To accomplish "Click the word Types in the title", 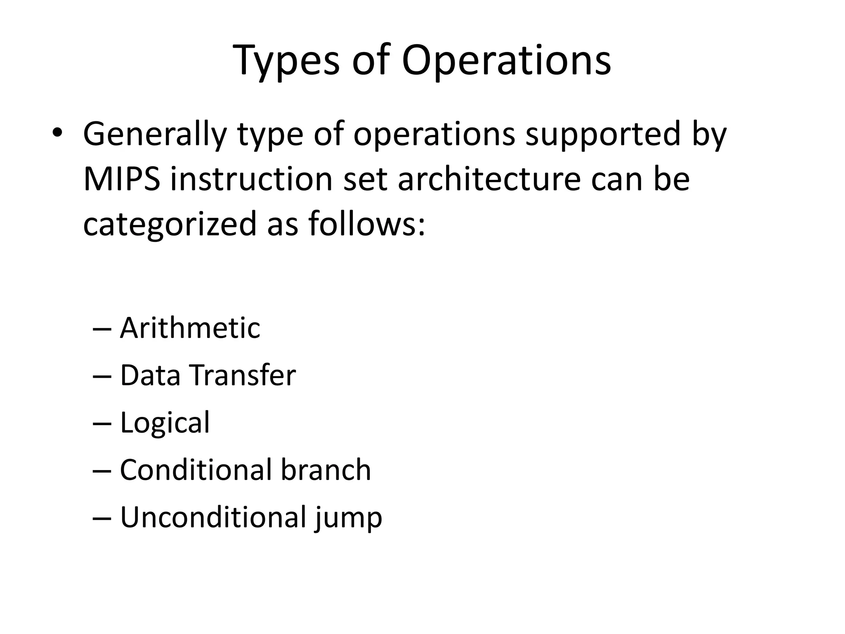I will tap(286, 61).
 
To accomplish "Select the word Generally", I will tap(155, 135).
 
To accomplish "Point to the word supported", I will tap(602, 135).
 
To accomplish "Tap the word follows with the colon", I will tap(367, 224).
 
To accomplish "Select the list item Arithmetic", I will tap(190, 328).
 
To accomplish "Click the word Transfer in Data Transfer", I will tap(243, 376).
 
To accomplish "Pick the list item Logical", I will tap(165, 423).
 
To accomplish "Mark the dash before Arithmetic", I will tap(101, 329).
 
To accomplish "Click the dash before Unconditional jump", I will tap(101, 518).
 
